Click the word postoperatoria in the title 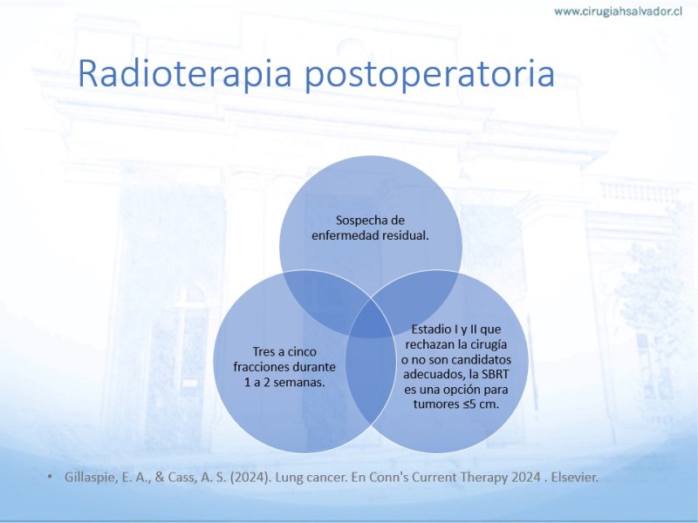point(429,75)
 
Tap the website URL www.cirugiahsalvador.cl point(619,11)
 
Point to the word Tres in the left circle point(263,352)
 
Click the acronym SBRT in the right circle point(494,375)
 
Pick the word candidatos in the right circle point(482,359)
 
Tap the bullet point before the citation point(50,477)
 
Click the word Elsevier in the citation point(575,477)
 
